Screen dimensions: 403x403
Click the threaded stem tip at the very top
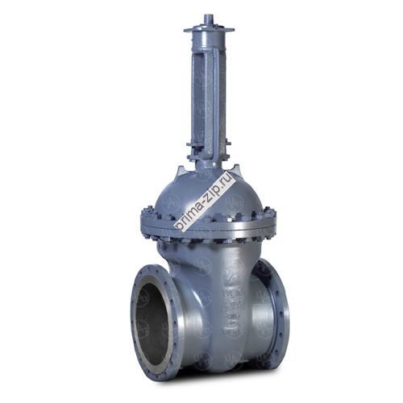[208, 20]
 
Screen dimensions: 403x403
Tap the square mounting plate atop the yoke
[209, 29]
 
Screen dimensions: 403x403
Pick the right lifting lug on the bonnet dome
[235, 172]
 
